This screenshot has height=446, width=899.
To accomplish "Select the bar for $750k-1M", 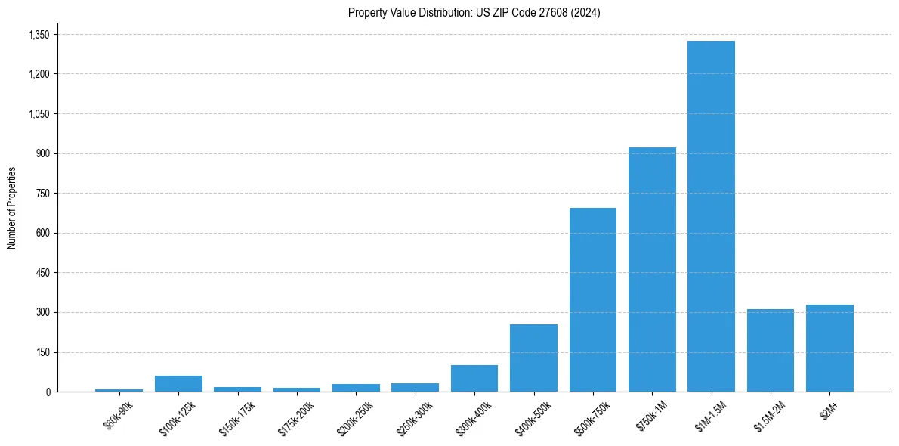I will pos(652,270).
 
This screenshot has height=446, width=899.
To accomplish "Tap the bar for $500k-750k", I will pos(592,300).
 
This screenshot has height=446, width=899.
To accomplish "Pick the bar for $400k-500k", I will pos(533,358).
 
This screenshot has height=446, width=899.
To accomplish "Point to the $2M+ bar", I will pos(829,348).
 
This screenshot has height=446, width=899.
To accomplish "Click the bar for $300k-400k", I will pos(474,379).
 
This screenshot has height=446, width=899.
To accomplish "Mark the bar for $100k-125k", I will pos(178,384).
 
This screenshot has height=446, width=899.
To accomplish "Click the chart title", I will pos(474,13).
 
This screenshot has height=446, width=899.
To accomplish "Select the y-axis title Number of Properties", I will pos(11,208).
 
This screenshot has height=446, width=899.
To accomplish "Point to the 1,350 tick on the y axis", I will pos(39,35).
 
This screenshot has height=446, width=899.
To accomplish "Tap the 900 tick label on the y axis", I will pos(42,153).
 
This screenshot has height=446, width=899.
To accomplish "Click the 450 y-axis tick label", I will pos(42,273).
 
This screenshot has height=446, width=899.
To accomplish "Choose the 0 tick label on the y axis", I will pos(48,392).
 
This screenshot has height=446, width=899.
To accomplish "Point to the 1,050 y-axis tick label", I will pos(39,114).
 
